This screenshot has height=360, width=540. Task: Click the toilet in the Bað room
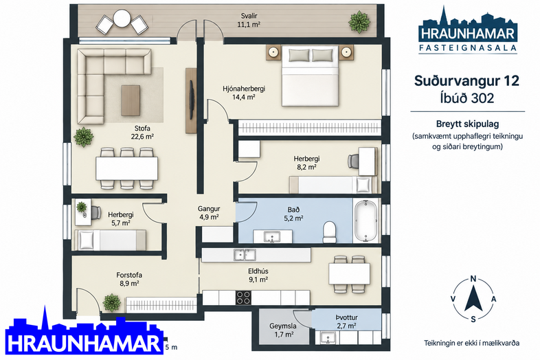330,232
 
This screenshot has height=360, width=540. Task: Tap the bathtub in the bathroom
365,221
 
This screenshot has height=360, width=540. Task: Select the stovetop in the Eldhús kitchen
243,297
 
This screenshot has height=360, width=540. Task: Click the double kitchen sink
245,255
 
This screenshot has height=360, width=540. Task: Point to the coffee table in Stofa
131,100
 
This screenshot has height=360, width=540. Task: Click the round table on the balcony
122,19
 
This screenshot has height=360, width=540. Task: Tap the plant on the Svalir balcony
359,22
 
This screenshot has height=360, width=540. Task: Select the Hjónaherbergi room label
244,89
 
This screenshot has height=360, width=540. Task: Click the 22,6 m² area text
142,137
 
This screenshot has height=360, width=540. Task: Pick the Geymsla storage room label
283,326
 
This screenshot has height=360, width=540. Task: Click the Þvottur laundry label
346,317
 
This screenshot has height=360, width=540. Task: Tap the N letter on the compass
473,279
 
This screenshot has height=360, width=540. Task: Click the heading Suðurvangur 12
466,81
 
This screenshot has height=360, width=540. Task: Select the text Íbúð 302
467,98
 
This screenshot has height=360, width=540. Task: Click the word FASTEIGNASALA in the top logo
468,47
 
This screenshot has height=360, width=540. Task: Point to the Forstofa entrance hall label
129,275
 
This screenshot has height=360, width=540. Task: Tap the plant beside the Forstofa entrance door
112,303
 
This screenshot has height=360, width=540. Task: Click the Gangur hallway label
209,209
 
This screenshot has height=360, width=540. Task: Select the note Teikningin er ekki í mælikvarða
471,343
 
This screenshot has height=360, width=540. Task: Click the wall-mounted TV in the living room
191,100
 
